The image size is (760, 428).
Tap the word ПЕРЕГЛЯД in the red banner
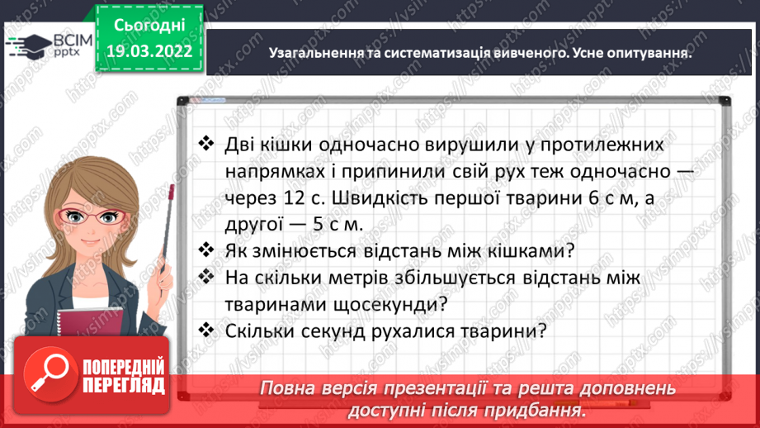tap(124, 385)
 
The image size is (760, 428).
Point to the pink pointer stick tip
tap(172, 190)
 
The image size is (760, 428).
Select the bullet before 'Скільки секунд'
tap(206, 331)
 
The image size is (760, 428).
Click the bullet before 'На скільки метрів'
tap(206, 278)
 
